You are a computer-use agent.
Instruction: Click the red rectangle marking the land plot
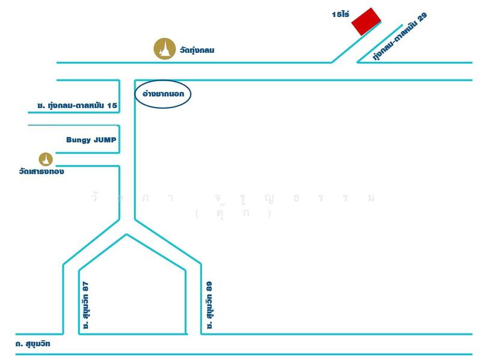pyautogui.click(x=367, y=22)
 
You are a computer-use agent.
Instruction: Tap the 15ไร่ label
pyautogui.click(x=341, y=13)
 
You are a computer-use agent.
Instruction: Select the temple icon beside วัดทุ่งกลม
pyautogui.click(x=163, y=49)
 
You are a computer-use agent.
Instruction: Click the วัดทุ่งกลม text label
pyautogui.click(x=197, y=50)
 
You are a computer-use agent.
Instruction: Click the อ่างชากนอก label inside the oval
pyautogui.click(x=162, y=94)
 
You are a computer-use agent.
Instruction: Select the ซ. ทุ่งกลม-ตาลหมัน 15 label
pyautogui.click(x=76, y=106)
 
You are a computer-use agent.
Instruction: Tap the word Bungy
pyautogui.click(x=78, y=139)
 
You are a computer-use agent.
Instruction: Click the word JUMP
pyautogui.click(x=105, y=139)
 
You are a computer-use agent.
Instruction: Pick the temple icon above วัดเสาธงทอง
pyautogui.click(x=46, y=159)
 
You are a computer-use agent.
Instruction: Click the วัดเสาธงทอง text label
pyautogui.click(x=41, y=172)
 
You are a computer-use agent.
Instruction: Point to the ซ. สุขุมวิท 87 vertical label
pyautogui.click(x=87, y=305)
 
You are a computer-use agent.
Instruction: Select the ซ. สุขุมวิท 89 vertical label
pyautogui.click(x=209, y=305)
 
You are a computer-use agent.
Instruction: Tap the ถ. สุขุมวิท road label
pyautogui.click(x=34, y=344)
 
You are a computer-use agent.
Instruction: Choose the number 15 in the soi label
pyautogui.click(x=111, y=106)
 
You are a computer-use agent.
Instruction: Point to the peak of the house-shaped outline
pyautogui.click(x=126, y=234)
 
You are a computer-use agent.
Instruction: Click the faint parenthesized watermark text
pyautogui.click(x=233, y=213)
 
